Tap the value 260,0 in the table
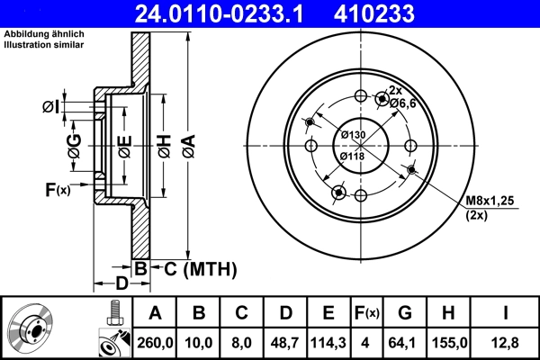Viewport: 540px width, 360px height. (x=155, y=343)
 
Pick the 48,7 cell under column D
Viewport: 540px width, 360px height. (x=284, y=343)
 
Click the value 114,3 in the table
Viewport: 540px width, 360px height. (x=328, y=343)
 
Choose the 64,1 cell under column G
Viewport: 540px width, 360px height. (x=406, y=343)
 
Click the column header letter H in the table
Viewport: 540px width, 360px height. (x=449, y=313)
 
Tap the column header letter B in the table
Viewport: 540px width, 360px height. (x=199, y=313)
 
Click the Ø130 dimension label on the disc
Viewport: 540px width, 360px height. (x=353, y=135)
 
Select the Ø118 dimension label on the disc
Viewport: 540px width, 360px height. (x=353, y=155)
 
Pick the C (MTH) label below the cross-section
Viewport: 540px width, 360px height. (x=193, y=268)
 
